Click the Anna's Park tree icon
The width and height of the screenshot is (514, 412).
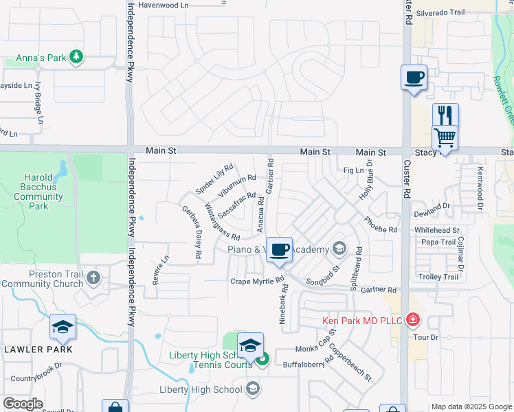click(x=77, y=58)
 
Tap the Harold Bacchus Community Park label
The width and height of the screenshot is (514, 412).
click(x=38, y=187)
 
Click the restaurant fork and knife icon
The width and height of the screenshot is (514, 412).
click(x=445, y=114)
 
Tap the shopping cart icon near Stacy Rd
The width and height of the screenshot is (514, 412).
click(x=444, y=137)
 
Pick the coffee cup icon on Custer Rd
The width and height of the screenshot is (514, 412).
click(x=414, y=77)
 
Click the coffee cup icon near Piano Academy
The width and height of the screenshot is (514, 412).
click(x=279, y=249)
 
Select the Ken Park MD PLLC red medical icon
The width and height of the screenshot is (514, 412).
click(x=412, y=320)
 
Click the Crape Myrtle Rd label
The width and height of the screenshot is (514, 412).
click(x=257, y=281)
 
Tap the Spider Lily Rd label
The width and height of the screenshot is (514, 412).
click(x=214, y=179)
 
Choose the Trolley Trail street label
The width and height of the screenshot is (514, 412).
click(x=438, y=277)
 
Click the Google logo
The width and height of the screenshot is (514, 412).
click(x=23, y=404)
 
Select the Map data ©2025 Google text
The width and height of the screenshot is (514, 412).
click(x=471, y=407)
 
